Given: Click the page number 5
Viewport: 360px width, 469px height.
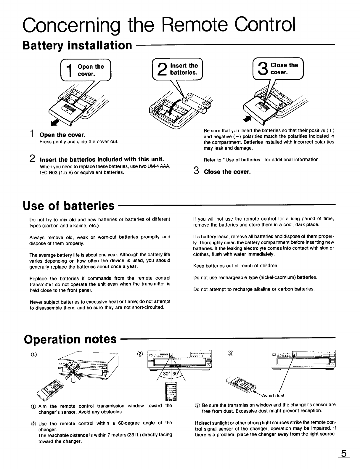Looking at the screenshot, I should pyautogui.click(x=343, y=454).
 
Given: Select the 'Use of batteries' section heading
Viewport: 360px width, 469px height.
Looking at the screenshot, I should pyautogui.click(x=69, y=205).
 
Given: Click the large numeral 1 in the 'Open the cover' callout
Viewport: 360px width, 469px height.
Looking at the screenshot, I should pyautogui.click(x=70, y=71).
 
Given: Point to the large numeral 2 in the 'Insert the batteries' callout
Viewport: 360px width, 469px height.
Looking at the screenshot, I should pyautogui.click(x=163, y=70).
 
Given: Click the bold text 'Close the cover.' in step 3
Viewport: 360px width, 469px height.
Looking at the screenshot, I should pyautogui.click(x=227, y=172).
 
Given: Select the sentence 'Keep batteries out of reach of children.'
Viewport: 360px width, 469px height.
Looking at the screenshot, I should pyautogui.click(x=236, y=266).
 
